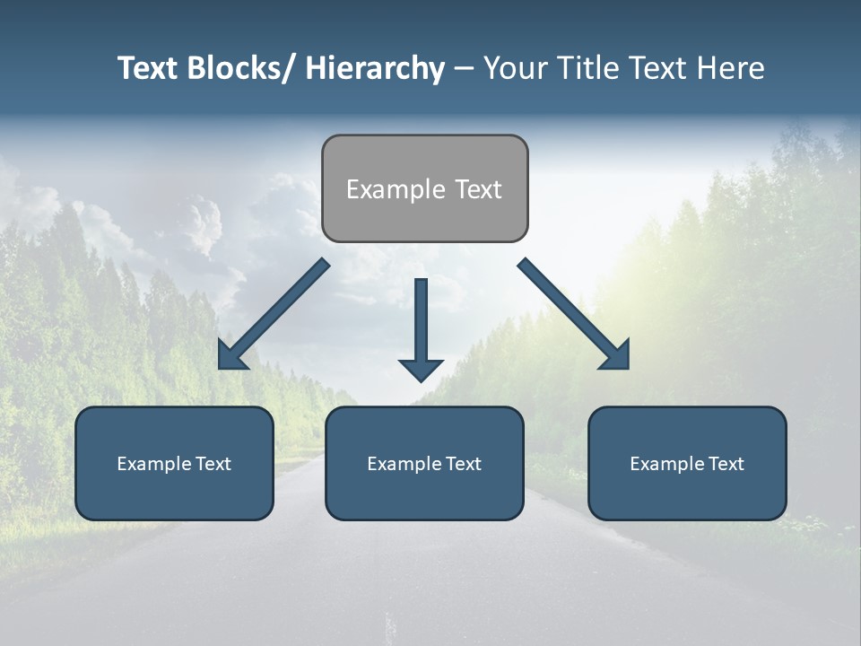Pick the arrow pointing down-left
tap(274, 314)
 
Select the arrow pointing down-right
tap(574, 314)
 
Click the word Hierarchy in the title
tap(374, 68)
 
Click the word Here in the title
tap(731, 68)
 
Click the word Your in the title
tap(514, 68)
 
